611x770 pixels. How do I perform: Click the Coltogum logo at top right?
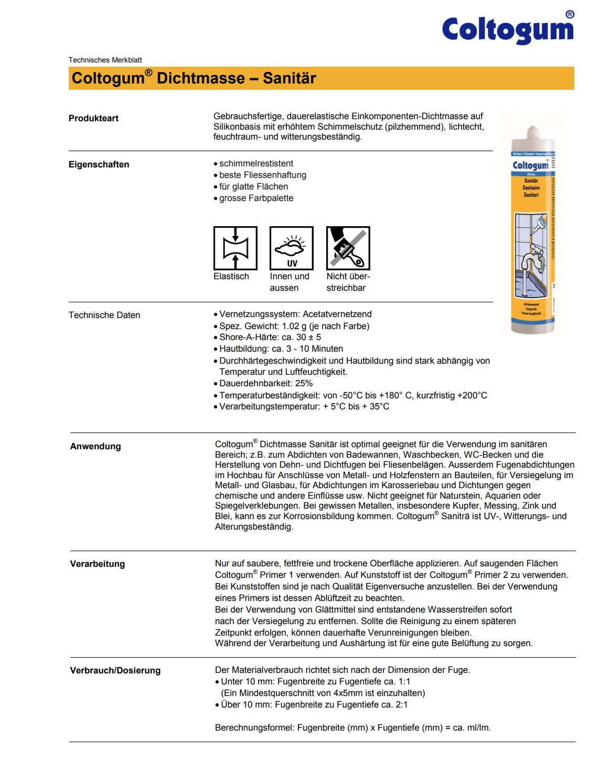tap(508, 29)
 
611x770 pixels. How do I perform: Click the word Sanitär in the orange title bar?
tap(289, 78)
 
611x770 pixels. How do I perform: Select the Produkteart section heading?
tap(93, 118)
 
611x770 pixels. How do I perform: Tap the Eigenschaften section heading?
tap(99, 164)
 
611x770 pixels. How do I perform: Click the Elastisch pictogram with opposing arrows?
tap(235, 248)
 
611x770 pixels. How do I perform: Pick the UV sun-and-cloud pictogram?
tap(292, 248)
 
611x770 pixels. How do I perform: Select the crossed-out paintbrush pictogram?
tap(348, 248)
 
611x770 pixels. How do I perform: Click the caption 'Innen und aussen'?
tap(289, 282)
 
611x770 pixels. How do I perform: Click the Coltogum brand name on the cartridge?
tap(530, 165)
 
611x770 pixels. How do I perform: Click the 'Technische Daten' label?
tap(104, 315)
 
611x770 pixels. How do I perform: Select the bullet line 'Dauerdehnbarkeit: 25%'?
tap(266, 383)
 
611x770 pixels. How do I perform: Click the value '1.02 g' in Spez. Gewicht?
tap(294, 326)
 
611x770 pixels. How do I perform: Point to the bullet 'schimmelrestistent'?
tap(256, 163)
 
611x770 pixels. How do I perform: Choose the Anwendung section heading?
tap(95, 446)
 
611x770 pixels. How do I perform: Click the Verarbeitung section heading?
tap(98, 564)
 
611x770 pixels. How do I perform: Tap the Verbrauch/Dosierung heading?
tap(115, 670)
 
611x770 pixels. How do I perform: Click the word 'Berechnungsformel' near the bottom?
tap(255, 727)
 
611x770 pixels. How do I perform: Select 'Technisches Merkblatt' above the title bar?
tap(105, 60)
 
